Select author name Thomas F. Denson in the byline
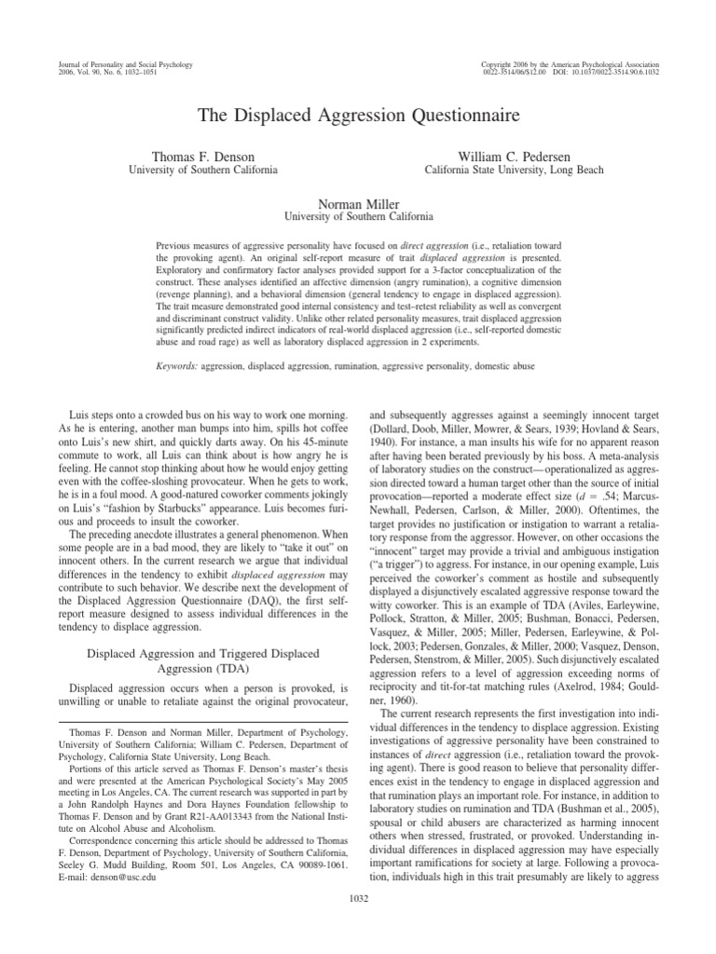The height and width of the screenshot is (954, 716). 201,155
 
